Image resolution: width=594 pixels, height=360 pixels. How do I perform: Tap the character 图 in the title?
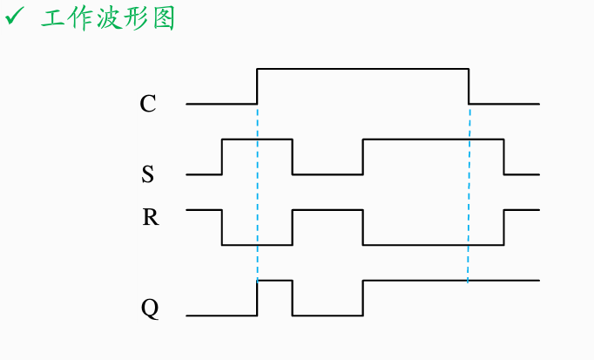click(x=162, y=18)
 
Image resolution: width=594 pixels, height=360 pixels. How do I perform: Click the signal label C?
click(x=148, y=105)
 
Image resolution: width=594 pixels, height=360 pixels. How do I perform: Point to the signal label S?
click(x=148, y=174)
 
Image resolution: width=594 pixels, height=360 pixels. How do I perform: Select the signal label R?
click(x=150, y=217)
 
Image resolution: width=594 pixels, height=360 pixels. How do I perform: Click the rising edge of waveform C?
click(x=258, y=85)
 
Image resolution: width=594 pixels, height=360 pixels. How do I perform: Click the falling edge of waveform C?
click(x=469, y=85)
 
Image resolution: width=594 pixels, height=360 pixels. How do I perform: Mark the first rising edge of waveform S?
click(x=223, y=157)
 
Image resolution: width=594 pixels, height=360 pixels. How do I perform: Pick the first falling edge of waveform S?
click(x=293, y=157)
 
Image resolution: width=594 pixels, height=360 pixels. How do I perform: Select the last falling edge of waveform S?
click(x=503, y=157)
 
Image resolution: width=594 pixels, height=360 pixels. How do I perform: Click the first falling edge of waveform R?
click(x=223, y=228)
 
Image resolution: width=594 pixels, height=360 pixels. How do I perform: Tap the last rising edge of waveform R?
click(x=503, y=228)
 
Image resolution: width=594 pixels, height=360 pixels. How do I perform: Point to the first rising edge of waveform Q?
click(x=258, y=298)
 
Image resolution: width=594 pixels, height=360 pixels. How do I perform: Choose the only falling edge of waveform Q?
click(x=293, y=298)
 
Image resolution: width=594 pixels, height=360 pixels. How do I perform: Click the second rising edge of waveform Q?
click(x=362, y=298)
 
